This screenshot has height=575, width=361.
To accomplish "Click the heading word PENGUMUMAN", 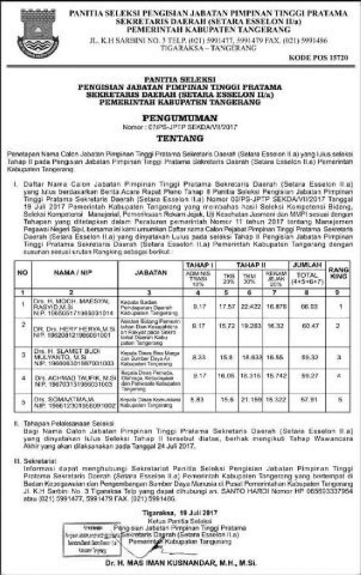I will click(180, 118).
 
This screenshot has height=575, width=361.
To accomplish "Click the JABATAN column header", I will click(150, 273).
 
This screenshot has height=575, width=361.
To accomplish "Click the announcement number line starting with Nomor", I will click(180, 128).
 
